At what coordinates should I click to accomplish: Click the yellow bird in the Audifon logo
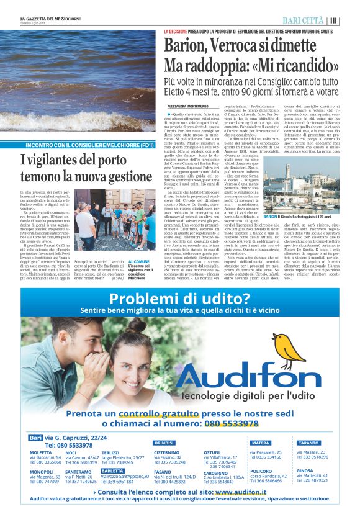(285, 346)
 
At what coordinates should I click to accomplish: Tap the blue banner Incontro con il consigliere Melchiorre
(86, 145)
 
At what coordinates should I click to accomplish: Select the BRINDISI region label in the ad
(164, 443)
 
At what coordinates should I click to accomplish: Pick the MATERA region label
(261, 443)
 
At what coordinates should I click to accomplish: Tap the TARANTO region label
(308, 443)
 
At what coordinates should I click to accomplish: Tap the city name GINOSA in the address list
(305, 471)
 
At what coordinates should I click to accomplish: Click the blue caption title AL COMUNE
(137, 261)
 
